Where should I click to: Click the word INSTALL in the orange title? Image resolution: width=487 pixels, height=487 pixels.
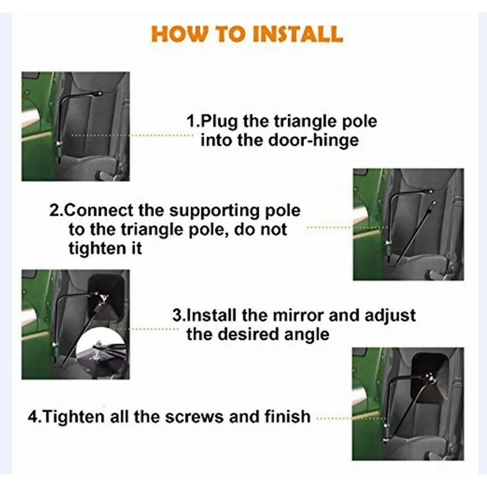pyautogui.click(x=298, y=34)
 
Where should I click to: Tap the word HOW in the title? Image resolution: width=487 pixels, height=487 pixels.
pyautogui.click(x=178, y=34)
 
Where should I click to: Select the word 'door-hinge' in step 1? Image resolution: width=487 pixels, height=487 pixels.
pyautogui.click(x=313, y=140)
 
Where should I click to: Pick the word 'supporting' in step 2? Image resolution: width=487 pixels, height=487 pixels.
pyautogui.click(x=215, y=211)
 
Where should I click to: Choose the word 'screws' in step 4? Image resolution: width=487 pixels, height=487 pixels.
pyautogui.click(x=194, y=417)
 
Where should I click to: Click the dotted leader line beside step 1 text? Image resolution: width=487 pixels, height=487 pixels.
pyautogui.click(x=132, y=135)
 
